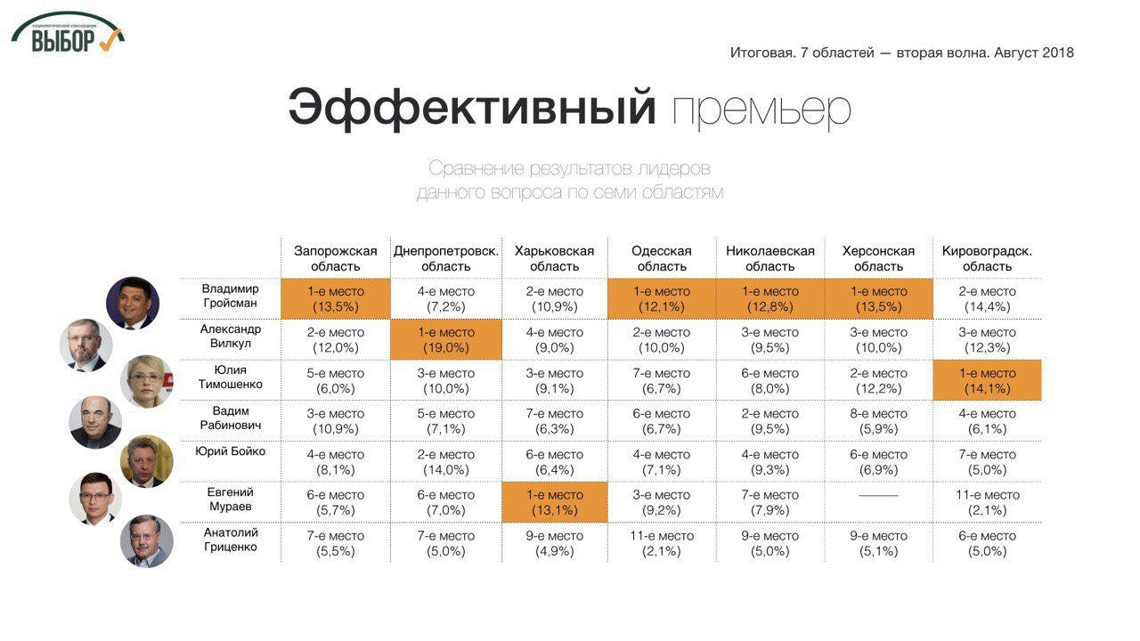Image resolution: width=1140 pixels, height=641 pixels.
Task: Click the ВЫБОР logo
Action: pyautogui.click(x=68, y=34)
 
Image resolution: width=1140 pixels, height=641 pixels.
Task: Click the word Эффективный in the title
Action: pyautogui.click(x=472, y=108)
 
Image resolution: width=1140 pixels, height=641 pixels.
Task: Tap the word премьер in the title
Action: pyautogui.click(x=761, y=110)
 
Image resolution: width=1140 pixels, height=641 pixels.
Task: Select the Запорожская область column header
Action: pyautogui.click(x=336, y=258)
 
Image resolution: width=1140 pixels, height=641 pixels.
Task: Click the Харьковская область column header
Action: pyautogui.click(x=554, y=258)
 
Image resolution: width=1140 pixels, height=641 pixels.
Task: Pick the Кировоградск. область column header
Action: pyautogui.click(x=987, y=258)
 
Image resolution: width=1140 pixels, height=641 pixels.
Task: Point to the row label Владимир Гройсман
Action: pyautogui.click(x=230, y=296)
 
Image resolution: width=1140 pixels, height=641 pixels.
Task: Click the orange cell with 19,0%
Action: pyautogui.click(x=445, y=340)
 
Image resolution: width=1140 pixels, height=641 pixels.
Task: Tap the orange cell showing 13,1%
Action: pyautogui.click(x=554, y=503)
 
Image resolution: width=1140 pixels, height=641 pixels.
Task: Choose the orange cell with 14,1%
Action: pyautogui.click(x=987, y=381)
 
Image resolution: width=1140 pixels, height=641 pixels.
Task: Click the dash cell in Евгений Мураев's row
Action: pyautogui.click(x=878, y=496)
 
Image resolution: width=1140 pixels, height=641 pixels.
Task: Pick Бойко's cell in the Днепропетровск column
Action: pyautogui.click(x=445, y=462)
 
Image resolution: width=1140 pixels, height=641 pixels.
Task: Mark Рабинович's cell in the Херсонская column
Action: pyautogui.click(x=878, y=421)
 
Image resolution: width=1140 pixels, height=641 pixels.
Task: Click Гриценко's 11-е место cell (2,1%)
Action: pyautogui.click(x=662, y=544)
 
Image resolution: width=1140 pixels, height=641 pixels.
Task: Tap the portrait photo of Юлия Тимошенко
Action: pyautogui.click(x=146, y=381)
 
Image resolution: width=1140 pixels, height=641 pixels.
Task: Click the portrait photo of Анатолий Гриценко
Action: pyautogui.click(x=147, y=541)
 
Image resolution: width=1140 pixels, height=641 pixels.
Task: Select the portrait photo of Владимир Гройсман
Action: pyautogui.click(x=133, y=303)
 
